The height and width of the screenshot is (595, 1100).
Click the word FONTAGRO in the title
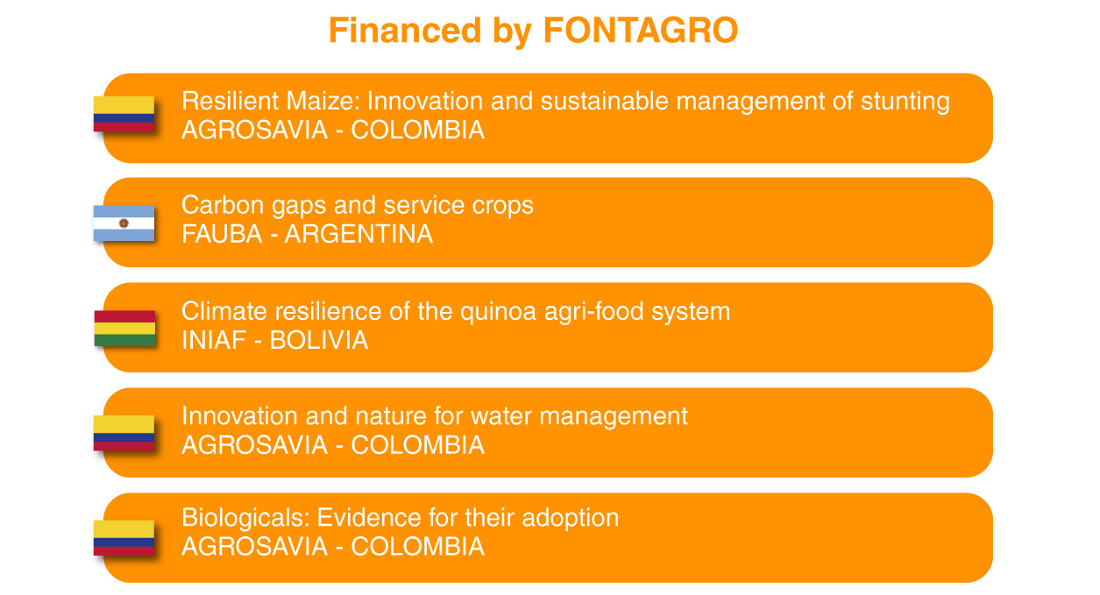point(641,31)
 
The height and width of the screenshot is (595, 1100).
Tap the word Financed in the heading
point(405,31)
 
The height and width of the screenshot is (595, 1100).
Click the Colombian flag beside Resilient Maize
point(124,114)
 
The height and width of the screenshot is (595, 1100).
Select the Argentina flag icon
point(124,223)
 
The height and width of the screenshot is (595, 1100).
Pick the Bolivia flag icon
point(124,328)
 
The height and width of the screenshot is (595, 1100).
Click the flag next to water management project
point(124,433)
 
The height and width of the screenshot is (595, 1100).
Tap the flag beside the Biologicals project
point(124,538)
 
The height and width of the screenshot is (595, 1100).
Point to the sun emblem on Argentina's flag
point(124,223)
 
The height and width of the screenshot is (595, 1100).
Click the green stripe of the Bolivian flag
point(124,340)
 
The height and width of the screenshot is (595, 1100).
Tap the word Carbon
point(223,205)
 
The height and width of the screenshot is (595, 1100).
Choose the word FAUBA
point(222,234)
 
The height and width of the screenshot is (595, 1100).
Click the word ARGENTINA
point(358,234)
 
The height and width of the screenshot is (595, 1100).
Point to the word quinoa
point(498,312)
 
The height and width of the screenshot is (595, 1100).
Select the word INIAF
point(214,341)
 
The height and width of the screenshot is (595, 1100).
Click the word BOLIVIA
point(319,341)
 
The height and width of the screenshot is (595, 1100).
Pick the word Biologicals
point(246,519)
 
